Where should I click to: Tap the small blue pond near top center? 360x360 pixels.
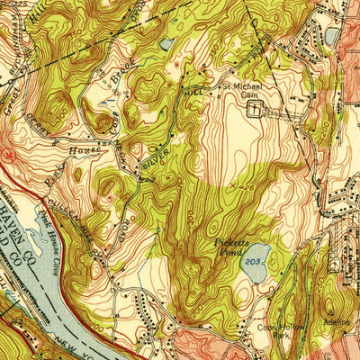click(x=167, y=43)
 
